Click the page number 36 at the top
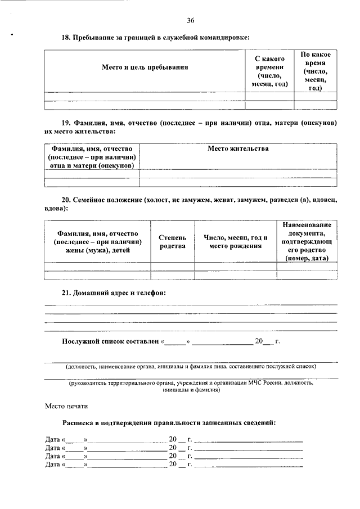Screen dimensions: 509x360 [190, 21]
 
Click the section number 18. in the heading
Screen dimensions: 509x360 [66, 37]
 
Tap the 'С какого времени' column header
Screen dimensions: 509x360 [269, 71]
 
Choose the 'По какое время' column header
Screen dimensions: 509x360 [315, 71]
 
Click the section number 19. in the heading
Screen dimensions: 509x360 [66, 121]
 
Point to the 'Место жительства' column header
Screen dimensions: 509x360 [238, 149]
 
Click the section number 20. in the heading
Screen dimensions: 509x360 [66, 200]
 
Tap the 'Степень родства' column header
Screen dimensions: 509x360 [172, 242]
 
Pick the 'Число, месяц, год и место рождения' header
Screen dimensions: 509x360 [235, 242]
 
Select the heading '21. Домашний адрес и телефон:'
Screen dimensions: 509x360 [114, 293]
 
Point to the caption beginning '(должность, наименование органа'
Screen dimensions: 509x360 [191, 366]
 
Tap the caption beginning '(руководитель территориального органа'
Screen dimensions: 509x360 [191, 386]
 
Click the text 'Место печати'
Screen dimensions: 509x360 [66, 406]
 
